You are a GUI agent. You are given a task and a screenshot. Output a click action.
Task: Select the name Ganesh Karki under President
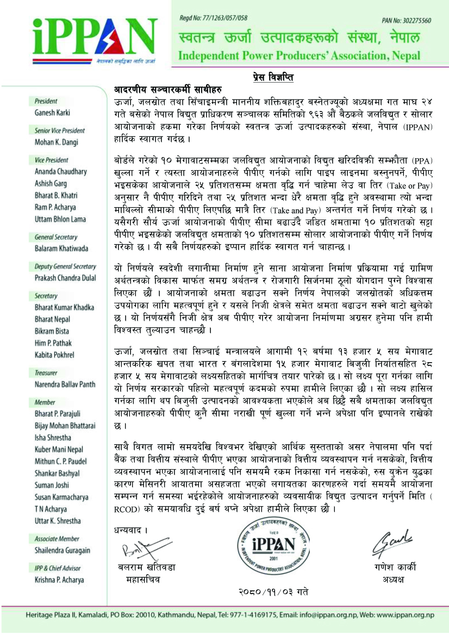coord(52,113)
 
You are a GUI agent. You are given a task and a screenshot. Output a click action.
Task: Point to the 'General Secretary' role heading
coord(55,237)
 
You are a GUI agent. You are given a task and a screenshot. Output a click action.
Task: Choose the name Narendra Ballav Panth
coord(65,384)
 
